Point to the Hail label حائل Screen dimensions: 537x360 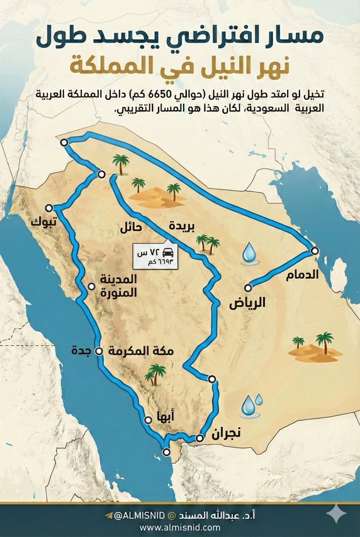coord(131,227)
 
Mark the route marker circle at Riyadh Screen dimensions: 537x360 coord(248,288)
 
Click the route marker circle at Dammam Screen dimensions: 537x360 coord(314,251)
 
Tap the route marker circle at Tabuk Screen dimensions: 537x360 coord(49,208)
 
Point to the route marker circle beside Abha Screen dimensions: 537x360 coord(148,420)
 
